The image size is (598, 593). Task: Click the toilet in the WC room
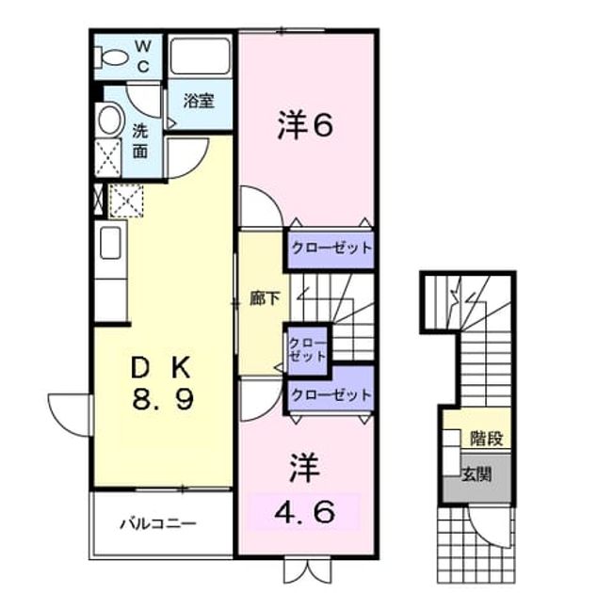[x=111, y=58]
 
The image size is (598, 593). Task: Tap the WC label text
[x=143, y=56]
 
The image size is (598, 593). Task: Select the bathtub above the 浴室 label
[x=200, y=56]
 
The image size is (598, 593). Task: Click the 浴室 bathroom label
[x=199, y=101]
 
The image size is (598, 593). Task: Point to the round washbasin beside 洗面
[x=110, y=120]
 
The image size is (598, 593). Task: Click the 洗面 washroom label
[x=140, y=141]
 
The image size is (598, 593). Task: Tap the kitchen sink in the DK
[x=110, y=243]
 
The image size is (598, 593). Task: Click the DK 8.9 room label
[x=162, y=383]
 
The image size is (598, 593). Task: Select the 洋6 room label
[x=305, y=124]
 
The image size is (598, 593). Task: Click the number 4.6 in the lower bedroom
[x=305, y=511]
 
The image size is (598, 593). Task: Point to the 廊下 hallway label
[x=265, y=298]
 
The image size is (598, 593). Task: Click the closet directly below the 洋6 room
[x=331, y=248]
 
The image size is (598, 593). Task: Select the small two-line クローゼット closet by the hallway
[x=307, y=349]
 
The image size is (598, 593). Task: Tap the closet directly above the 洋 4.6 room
[x=331, y=394]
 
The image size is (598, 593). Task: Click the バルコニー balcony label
[x=158, y=523]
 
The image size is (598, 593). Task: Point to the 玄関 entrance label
[x=477, y=474]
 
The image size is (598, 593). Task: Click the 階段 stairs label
[x=486, y=438]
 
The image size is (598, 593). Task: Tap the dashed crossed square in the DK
[x=126, y=200]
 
